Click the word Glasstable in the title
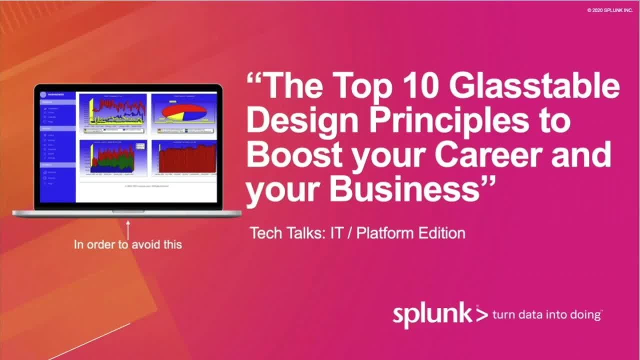(x=534, y=86)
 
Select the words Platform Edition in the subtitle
(x=410, y=233)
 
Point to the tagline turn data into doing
(x=546, y=315)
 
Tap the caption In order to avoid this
(x=127, y=244)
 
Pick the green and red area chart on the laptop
(x=113, y=157)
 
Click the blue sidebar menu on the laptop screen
(x=57, y=147)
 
